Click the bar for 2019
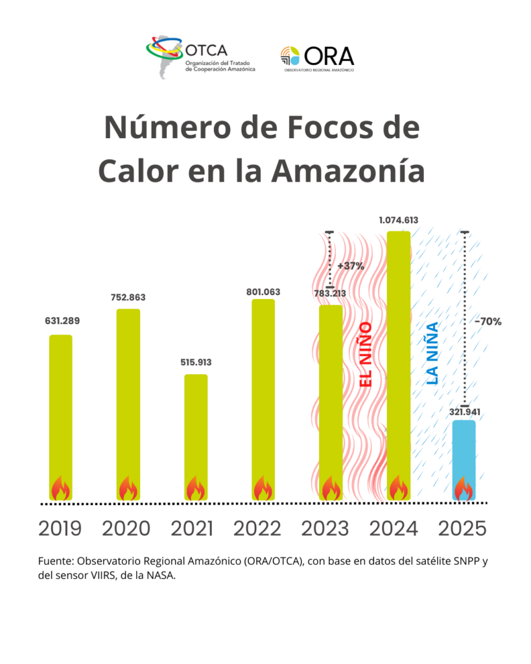coord(60,415)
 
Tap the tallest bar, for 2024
coord(398,363)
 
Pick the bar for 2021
coord(196,434)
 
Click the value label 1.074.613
coord(398,220)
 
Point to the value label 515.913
coord(196,362)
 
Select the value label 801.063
coord(263,292)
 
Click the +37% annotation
coord(351,266)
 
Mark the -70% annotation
coord(488,321)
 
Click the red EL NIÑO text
coord(366,355)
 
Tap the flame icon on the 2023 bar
coord(331,488)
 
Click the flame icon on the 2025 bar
coord(463,488)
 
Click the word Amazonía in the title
coord(348,170)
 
